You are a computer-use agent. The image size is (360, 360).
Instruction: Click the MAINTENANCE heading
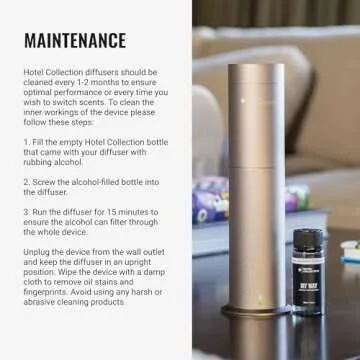point(75,41)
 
